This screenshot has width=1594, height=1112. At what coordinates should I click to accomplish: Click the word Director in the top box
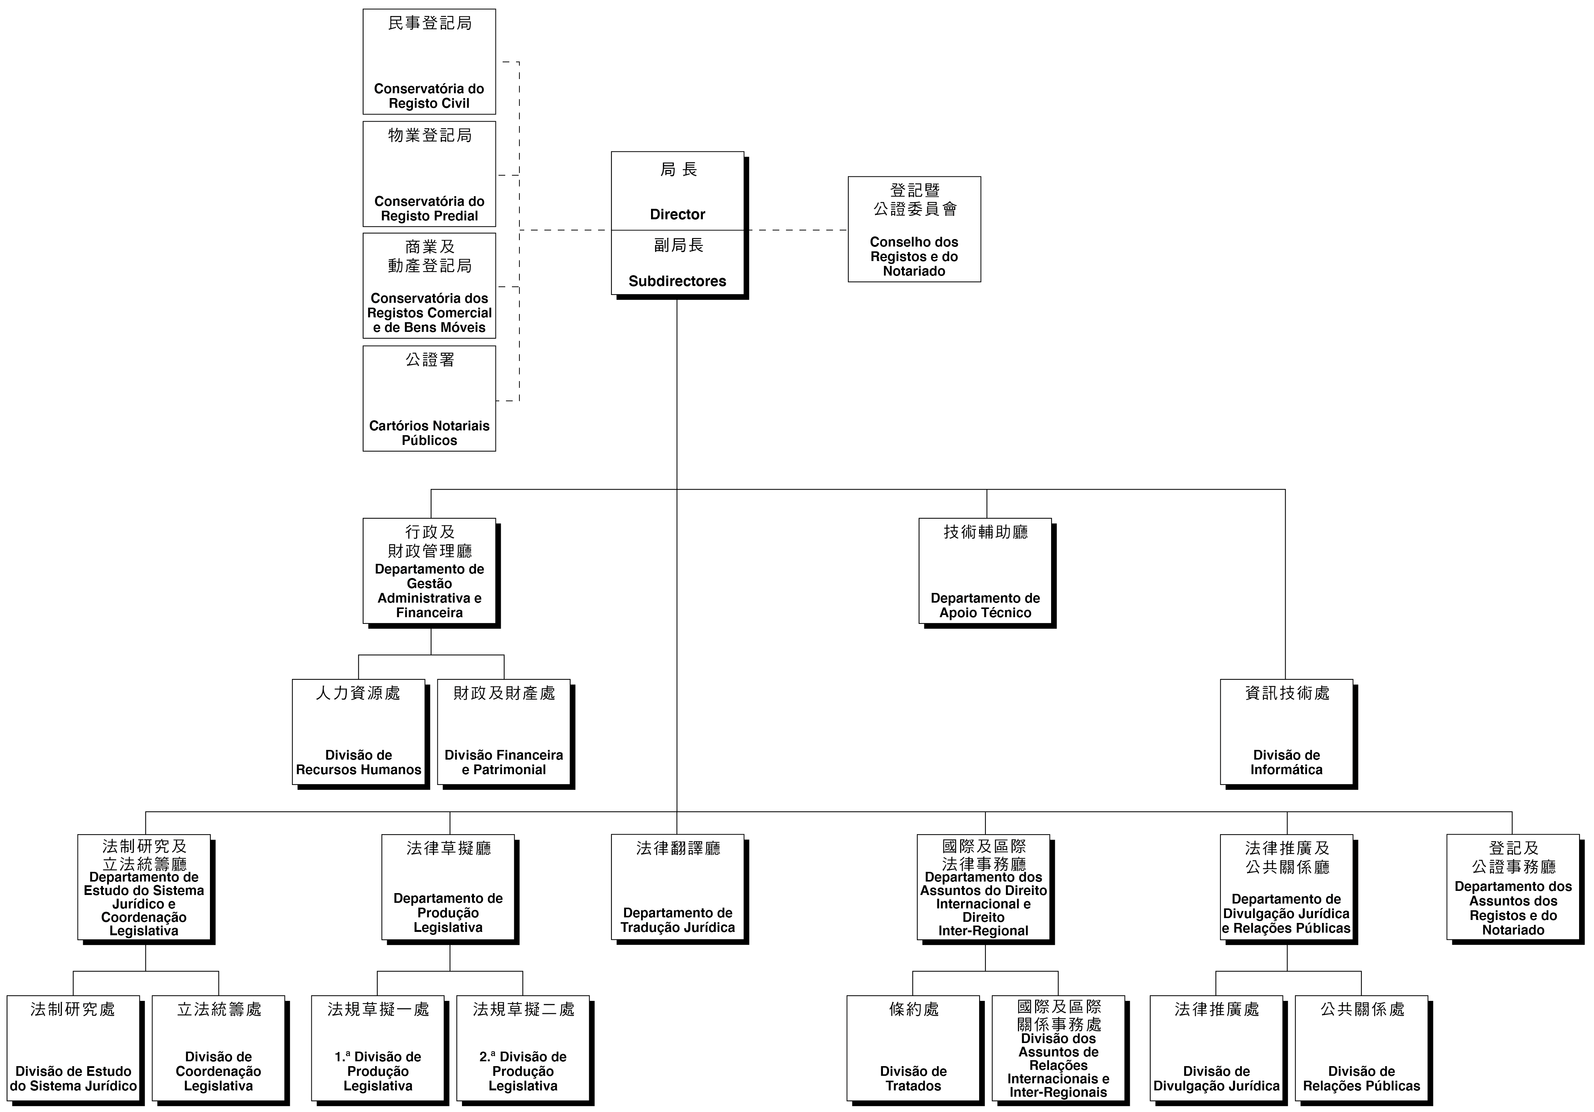pyautogui.click(x=677, y=214)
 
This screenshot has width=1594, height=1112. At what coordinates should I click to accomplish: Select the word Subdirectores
pyautogui.click(x=677, y=281)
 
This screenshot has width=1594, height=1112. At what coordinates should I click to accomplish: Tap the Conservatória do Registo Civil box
pyautogui.click(x=429, y=62)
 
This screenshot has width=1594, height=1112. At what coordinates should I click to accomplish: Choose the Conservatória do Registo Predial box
pyautogui.click(x=429, y=174)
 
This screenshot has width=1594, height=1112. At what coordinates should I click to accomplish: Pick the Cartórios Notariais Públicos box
pyautogui.click(x=429, y=398)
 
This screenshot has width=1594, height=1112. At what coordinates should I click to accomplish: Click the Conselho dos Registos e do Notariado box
pyautogui.click(x=914, y=229)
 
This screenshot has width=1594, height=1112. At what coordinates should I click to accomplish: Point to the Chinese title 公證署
pyautogui.click(x=430, y=359)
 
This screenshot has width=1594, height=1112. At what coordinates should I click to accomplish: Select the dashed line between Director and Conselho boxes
pyautogui.click(x=796, y=230)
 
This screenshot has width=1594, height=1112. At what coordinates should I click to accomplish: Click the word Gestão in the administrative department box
pyautogui.click(x=429, y=584)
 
